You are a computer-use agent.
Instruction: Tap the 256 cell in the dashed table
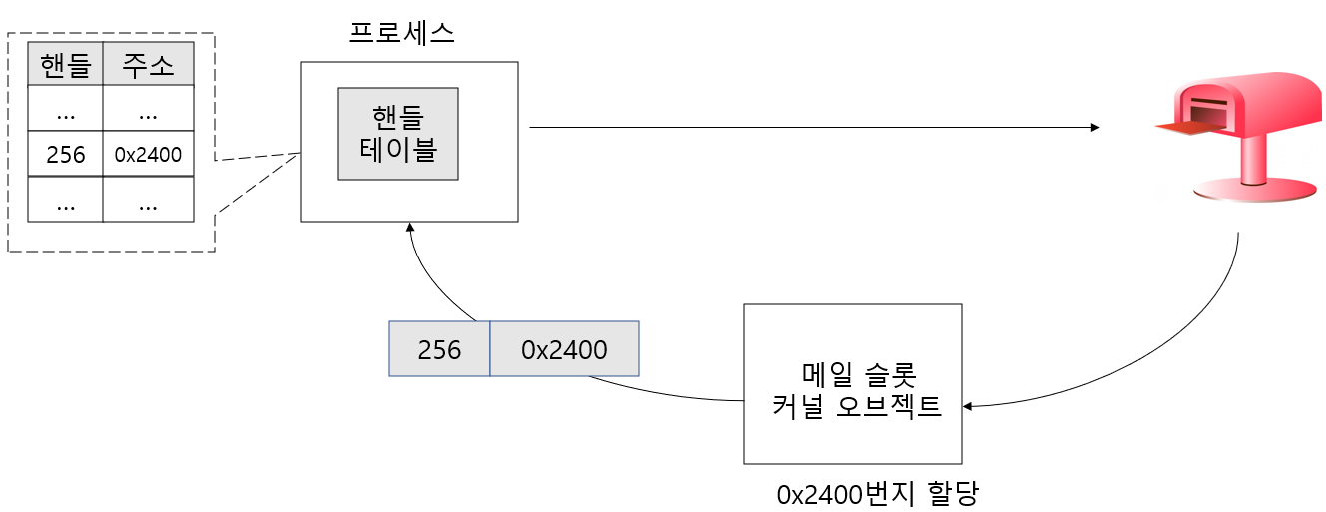pos(66,154)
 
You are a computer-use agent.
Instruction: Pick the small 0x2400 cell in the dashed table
pos(148,154)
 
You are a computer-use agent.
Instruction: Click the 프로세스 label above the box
pos(402,33)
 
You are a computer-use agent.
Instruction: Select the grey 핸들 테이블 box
pos(398,134)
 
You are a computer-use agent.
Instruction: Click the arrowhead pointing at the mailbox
pos(1094,128)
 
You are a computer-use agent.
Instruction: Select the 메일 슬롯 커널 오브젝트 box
pos(853,384)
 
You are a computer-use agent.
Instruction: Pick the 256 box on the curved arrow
pos(440,349)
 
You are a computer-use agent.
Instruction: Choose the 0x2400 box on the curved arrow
pos(564,349)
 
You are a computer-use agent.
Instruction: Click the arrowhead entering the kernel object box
pos(968,406)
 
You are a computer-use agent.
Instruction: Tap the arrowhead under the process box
pos(409,228)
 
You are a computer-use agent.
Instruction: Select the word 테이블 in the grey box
pos(398,151)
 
